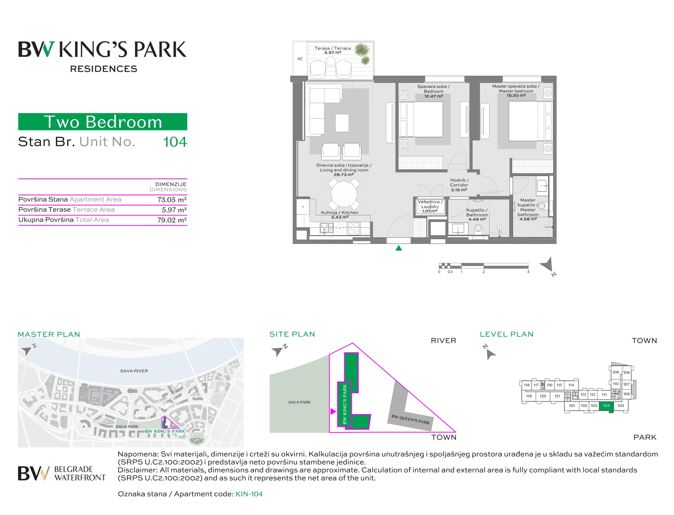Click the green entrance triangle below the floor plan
(x=399, y=248)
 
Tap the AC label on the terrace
(x=300, y=59)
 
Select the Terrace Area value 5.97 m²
(x=174, y=210)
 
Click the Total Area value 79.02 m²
(x=172, y=220)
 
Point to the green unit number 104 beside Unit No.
(x=175, y=142)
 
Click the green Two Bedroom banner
(x=103, y=122)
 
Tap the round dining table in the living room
(x=344, y=194)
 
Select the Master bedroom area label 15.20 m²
(x=516, y=95)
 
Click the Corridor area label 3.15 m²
(x=459, y=190)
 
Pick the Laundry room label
(x=430, y=207)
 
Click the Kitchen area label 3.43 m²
(x=339, y=217)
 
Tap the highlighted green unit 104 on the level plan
(x=606, y=406)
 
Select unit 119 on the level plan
(x=529, y=396)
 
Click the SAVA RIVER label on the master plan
(x=134, y=371)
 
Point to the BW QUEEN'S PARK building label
(x=411, y=419)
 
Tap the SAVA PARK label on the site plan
(x=300, y=402)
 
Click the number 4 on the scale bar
(x=528, y=272)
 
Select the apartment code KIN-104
(x=249, y=494)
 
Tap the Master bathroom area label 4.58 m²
(x=528, y=219)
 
